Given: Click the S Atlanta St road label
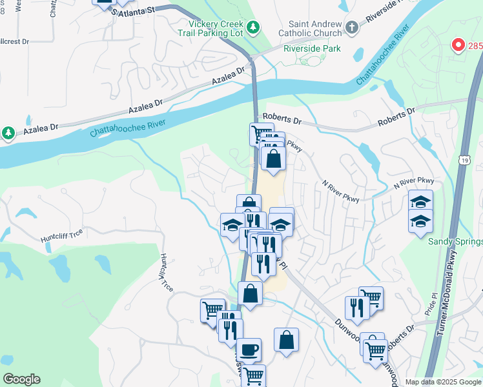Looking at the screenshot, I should (x=134, y=11).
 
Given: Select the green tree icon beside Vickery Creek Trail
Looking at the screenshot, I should (x=254, y=26).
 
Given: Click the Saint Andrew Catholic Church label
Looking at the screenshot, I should (x=309, y=28).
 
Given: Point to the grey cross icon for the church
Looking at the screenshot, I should (x=351, y=27).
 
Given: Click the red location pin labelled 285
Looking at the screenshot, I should (x=458, y=45).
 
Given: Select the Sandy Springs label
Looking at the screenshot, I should (x=455, y=241).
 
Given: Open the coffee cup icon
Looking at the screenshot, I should (x=249, y=350).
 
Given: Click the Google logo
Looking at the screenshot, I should (x=21, y=379).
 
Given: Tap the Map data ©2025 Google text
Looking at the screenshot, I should (x=442, y=382).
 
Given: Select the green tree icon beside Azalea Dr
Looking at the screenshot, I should (x=8, y=133).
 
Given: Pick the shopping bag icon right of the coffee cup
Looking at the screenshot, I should (x=286, y=340).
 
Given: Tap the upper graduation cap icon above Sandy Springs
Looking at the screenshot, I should (x=420, y=201).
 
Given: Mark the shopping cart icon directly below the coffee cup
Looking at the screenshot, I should (x=253, y=375).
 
